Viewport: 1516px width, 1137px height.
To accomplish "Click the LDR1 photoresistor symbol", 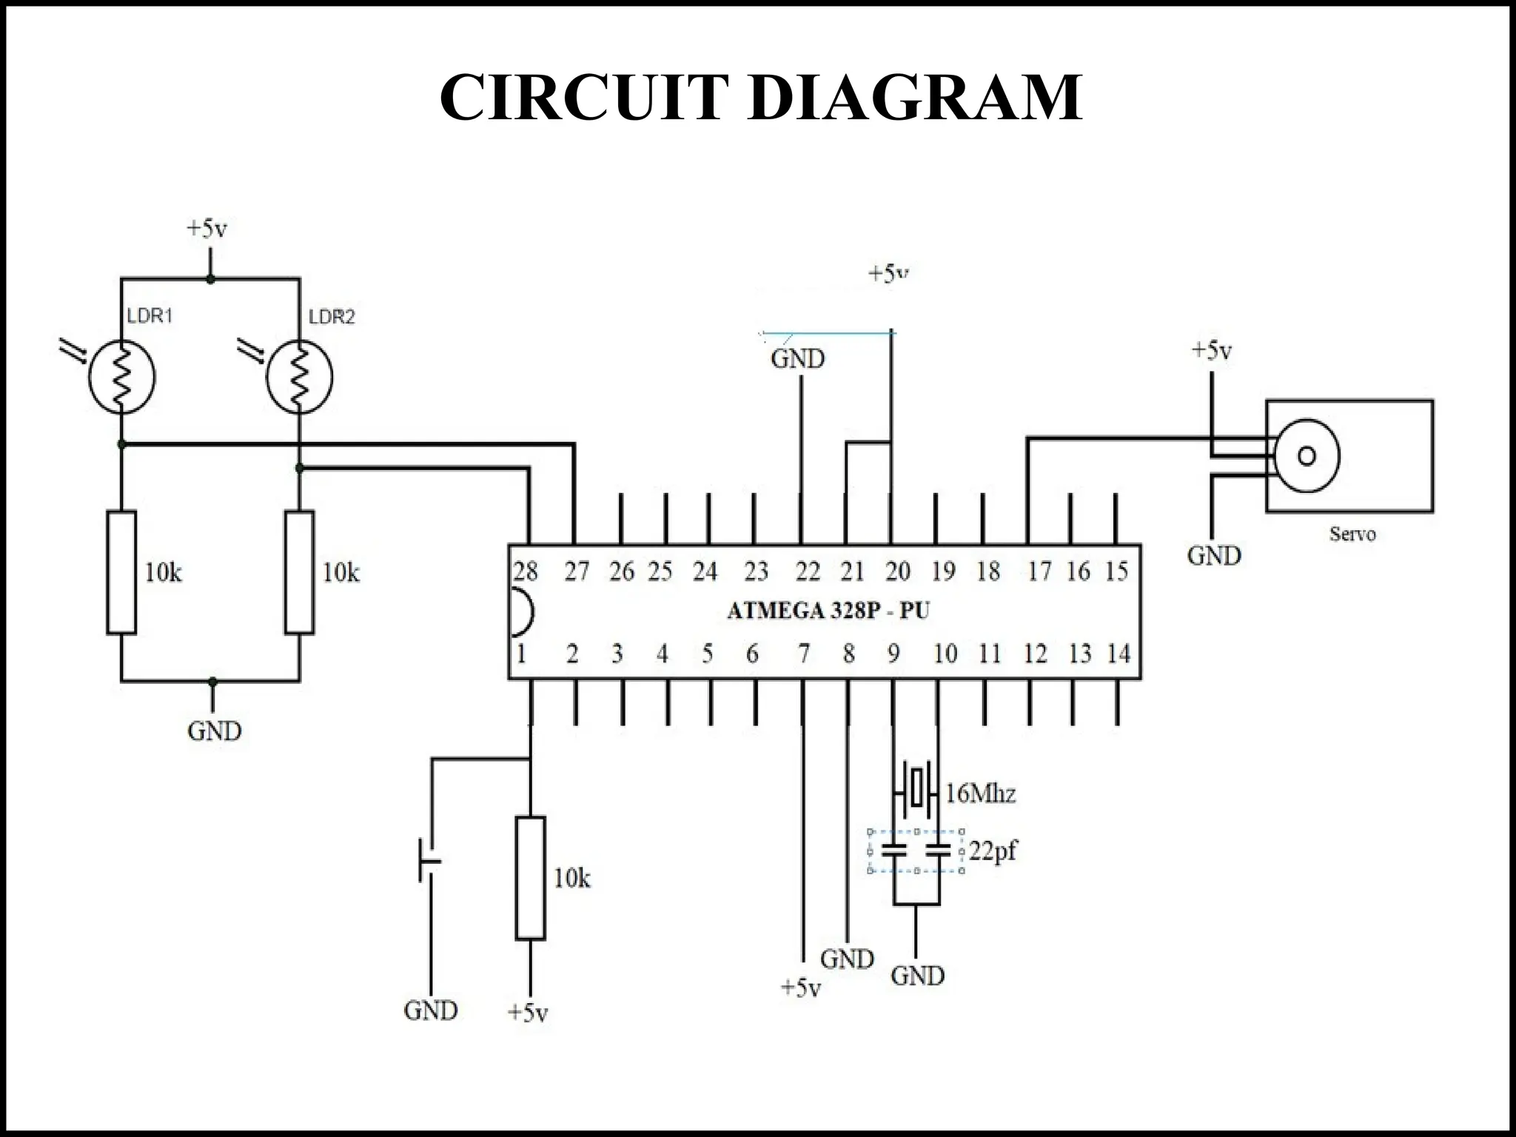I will coord(121,377).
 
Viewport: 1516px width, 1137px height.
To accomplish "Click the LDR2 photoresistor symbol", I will coord(299,377).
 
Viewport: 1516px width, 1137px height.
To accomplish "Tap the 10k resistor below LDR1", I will coord(121,572).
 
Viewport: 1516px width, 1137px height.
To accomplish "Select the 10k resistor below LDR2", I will coord(299,572).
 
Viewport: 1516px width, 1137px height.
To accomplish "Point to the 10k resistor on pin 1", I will coord(530,878).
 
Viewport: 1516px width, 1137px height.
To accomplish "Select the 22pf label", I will coord(992,851).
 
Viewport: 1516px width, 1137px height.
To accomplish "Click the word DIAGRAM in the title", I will coord(915,97).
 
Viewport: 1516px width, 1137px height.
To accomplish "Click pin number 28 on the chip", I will coord(525,571).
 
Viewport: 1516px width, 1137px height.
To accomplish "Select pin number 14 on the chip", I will coord(1118,654).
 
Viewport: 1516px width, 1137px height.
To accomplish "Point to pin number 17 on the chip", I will coord(1039,571).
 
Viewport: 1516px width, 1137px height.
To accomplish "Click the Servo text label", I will coord(1352,534).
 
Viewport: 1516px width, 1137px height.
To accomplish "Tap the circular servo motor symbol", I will coord(1307,456).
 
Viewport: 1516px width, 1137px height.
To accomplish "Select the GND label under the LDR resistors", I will coord(214,731).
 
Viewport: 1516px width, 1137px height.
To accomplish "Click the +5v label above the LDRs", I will coord(207,229).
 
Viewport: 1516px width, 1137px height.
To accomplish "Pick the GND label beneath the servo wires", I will coord(1214,556).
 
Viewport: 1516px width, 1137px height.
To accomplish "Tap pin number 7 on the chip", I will coord(804,654).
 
